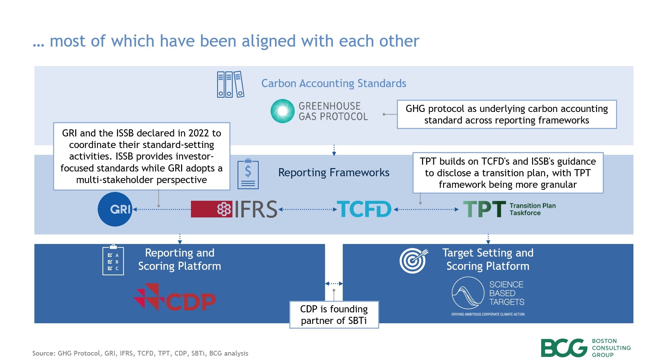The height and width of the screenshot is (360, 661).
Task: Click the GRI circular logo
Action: [x=115, y=209]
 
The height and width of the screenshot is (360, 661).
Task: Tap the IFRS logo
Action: [x=234, y=209]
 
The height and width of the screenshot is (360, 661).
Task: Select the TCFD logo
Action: [x=364, y=209]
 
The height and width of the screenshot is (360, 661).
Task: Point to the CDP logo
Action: [x=175, y=298]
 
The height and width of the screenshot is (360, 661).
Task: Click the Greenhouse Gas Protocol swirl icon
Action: [x=282, y=111]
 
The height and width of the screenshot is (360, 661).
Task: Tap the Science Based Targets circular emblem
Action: [x=468, y=293]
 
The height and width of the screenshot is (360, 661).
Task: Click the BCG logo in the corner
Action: [x=564, y=348]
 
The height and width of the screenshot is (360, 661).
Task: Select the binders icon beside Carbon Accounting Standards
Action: [x=230, y=84]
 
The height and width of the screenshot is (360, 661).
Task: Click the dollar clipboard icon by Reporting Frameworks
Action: [x=248, y=174]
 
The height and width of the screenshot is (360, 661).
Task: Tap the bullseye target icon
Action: [x=413, y=261]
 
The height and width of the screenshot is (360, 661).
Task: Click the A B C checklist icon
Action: [x=113, y=261]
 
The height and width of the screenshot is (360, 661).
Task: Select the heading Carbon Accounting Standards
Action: [x=334, y=83]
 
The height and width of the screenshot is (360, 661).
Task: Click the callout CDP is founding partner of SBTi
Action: [x=334, y=315]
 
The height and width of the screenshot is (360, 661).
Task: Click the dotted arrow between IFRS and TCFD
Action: [x=307, y=210]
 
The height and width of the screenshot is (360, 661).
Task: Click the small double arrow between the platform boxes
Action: [x=334, y=283]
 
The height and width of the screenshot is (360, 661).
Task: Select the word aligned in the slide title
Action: [x=269, y=41]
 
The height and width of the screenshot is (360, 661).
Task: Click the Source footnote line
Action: [x=140, y=353]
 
